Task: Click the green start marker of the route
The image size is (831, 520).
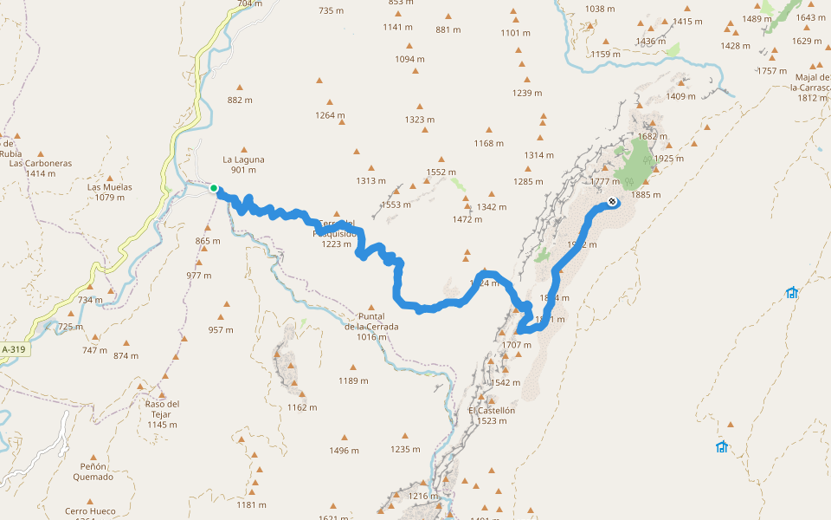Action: tap(214, 188)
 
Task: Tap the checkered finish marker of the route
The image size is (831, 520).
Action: tap(612, 202)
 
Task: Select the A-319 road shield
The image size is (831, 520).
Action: tap(13, 349)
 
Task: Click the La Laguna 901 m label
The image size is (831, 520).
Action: tap(243, 165)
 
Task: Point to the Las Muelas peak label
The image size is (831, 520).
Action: tap(106, 192)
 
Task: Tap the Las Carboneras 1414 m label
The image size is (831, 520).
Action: tap(41, 168)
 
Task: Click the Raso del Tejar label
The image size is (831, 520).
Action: tap(163, 413)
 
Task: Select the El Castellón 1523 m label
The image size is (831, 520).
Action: tap(491, 415)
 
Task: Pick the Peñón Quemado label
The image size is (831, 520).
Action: tap(93, 471)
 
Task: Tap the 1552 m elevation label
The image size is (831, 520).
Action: tap(441, 172)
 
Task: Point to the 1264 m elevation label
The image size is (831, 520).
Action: tap(330, 115)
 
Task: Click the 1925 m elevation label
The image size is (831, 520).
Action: tap(669, 159)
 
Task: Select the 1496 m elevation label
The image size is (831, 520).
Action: tap(344, 451)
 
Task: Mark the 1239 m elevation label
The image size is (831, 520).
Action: tap(526, 93)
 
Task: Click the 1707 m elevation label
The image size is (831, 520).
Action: tap(517, 345)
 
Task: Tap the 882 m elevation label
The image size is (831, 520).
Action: tap(240, 100)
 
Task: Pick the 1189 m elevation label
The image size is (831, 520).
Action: tap(353, 380)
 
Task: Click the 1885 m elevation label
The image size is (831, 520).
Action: tap(646, 194)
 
